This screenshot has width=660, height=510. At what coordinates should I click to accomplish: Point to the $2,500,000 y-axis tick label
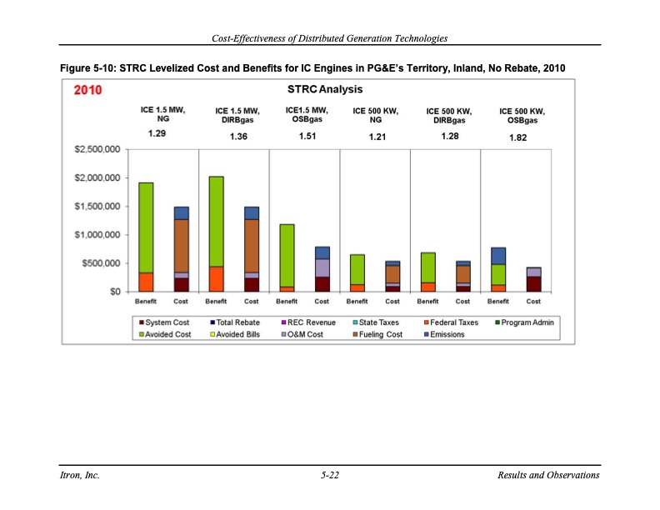tap(95, 150)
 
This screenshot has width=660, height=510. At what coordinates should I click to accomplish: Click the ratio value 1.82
tap(517, 138)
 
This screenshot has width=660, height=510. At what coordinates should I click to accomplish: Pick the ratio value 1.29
tap(157, 133)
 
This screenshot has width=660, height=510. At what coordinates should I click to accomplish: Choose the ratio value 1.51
tap(306, 136)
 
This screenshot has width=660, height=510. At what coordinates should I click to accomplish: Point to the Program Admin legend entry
tap(525, 322)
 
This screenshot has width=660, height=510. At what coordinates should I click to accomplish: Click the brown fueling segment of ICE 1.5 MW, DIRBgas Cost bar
tap(251, 246)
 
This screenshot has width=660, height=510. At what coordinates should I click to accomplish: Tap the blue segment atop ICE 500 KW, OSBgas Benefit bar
tap(498, 256)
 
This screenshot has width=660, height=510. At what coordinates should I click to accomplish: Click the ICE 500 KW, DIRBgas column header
tap(449, 115)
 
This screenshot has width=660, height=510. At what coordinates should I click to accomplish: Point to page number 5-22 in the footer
tap(329, 475)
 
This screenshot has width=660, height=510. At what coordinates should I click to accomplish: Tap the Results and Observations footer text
tap(547, 475)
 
